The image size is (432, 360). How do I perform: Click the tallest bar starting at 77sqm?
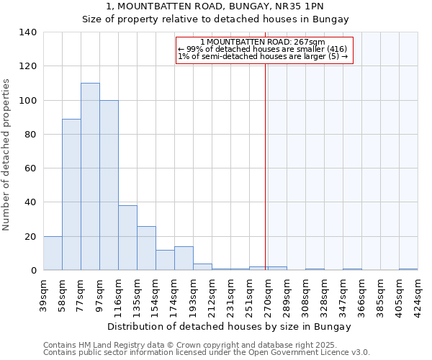click(x=90, y=176)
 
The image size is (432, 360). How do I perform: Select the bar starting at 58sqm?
click(x=71, y=194)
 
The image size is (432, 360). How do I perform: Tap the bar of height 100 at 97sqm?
click(x=109, y=185)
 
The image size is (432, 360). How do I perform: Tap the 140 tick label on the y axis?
click(x=28, y=32)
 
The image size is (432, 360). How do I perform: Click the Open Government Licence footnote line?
click(x=207, y=353)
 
